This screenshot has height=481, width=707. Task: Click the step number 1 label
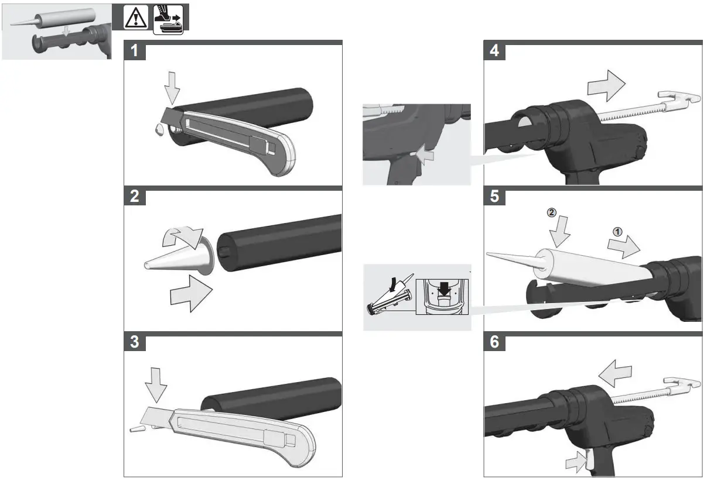135,51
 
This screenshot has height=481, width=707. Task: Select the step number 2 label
135,197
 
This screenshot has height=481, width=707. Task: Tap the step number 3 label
135,342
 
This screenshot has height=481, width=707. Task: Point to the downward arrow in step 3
155,386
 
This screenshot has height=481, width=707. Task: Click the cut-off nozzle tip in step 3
136,428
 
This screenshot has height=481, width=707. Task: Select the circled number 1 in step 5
617,231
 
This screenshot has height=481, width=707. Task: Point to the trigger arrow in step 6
576,462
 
